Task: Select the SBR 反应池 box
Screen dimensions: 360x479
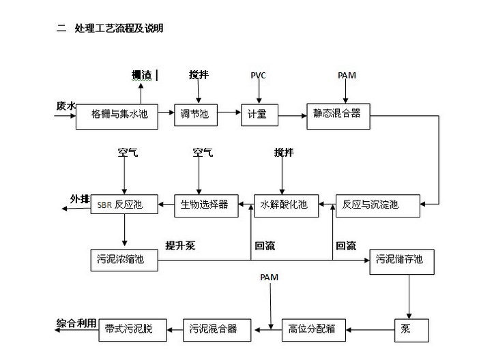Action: tap(124, 205)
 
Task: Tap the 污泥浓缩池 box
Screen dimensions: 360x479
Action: tap(124, 260)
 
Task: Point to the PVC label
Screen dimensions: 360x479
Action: tap(258, 75)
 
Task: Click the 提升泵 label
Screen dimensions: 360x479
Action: tap(180, 245)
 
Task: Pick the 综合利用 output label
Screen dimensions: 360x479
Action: tap(76, 323)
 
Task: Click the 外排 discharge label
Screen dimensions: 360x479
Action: tap(80, 199)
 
